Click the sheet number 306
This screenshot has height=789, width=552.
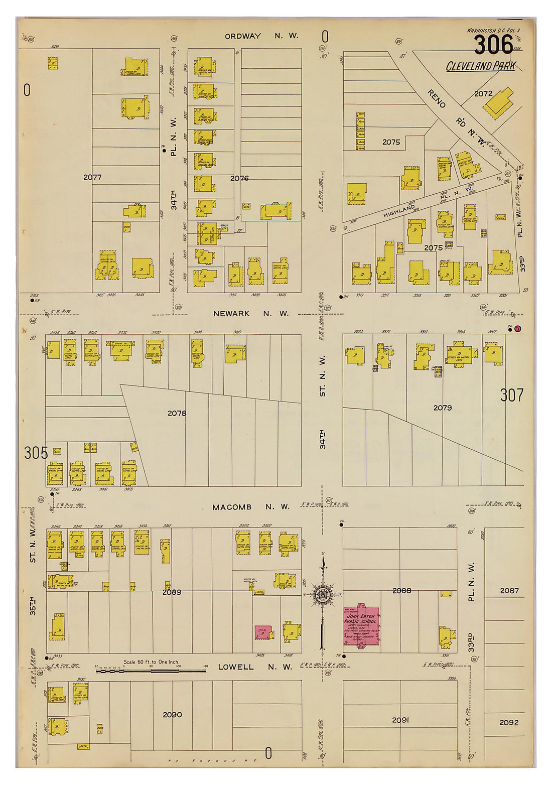[x=493, y=45]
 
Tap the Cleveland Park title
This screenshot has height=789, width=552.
[x=480, y=66]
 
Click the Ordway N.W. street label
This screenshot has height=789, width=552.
[x=261, y=36]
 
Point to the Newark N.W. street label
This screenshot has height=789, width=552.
[x=251, y=313]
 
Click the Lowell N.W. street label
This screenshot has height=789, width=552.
[x=255, y=667]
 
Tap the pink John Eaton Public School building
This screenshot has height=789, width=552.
[x=360, y=625]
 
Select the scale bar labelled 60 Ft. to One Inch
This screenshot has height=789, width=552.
[x=151, y=670]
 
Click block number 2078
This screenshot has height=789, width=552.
[x=177, y=413]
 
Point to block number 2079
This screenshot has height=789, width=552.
[x=443, y=408]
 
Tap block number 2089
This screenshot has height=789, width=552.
[x=172, y=592]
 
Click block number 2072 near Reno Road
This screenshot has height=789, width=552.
[x=483, y=93]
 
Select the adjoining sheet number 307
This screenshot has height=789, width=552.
[x=511, y=396]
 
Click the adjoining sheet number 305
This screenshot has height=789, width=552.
[x=36, y=453]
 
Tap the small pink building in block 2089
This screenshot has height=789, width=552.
[x=263, y=632]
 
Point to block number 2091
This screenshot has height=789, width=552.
[x=400, y=720]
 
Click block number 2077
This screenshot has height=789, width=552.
[x=92, y=177]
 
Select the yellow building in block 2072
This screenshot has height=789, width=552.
[x=499, y=103]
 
